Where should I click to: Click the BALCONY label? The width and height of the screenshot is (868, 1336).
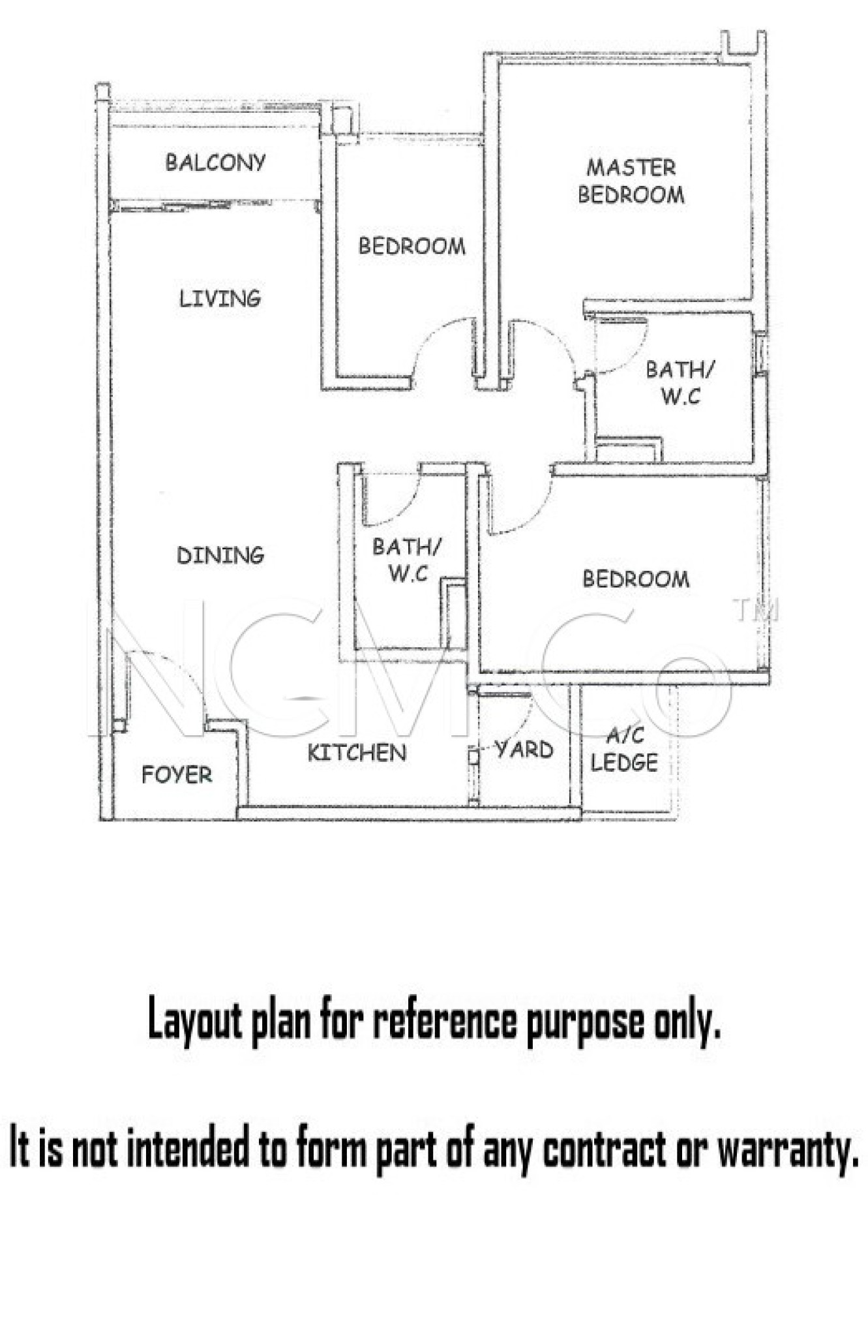(x=215, y=162)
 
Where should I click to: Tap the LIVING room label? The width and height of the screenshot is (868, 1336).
(x=220, y=298)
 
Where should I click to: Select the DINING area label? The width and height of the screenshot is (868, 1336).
(x=220, y=555)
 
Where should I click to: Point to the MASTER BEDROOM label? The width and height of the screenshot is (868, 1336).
(x=631, y=181)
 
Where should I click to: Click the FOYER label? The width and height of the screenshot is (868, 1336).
(x=177, y=774)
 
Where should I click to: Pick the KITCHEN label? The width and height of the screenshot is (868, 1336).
(x=357, y=752)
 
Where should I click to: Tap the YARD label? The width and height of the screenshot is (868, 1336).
(x=524, y=749)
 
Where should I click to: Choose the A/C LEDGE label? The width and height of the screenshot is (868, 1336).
(x=624, y=749)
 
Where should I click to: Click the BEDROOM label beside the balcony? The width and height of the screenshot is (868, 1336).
(x=412, y=246)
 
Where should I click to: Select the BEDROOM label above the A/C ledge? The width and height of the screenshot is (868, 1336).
(x=636, y=579)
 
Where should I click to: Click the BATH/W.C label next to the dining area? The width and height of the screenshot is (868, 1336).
(x=407, y=560)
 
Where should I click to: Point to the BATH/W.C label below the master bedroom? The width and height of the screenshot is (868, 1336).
(x=680, y=383)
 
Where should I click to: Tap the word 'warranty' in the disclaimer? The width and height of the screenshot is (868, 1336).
(x=787, y=1150)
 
